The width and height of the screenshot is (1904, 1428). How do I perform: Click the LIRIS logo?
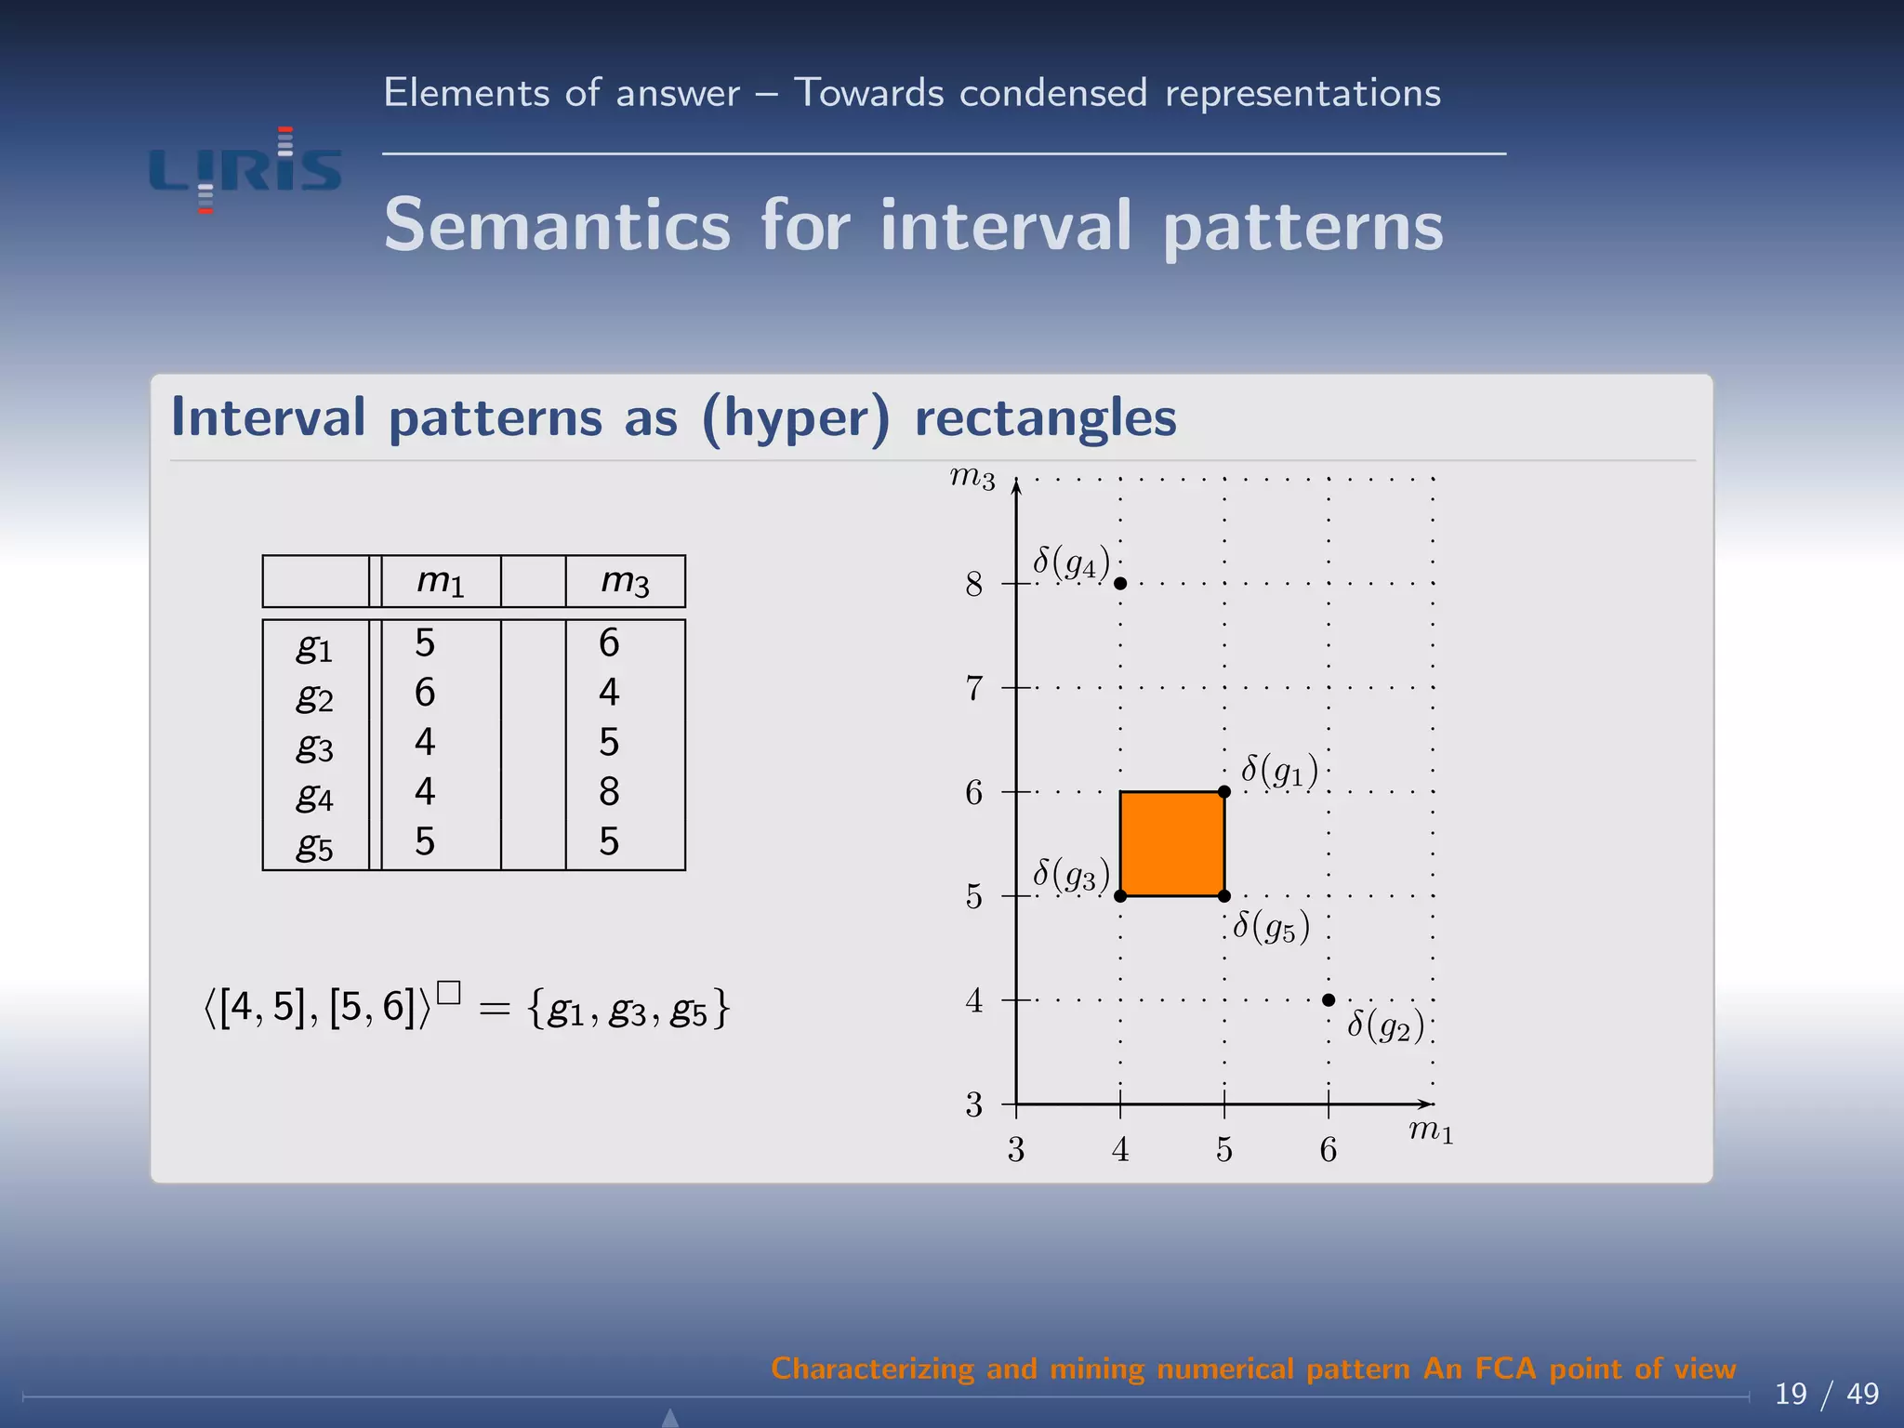pos(245,170)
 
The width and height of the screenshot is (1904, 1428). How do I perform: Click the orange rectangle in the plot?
pos(1171,843)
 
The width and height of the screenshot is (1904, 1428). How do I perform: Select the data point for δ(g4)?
pos(1120,583)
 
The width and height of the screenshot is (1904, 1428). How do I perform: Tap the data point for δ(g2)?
pos(1329,999)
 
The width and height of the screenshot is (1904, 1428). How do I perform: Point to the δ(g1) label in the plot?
pos(1279,771)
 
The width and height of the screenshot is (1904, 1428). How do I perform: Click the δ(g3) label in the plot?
pos(1071,875)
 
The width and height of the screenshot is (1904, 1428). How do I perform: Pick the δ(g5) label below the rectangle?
pos(1271,927)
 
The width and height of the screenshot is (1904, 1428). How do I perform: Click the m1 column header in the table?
pos(440,581)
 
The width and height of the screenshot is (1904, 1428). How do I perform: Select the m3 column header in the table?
pos(625,581)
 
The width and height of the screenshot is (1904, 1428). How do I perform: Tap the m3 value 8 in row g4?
pos(609,792)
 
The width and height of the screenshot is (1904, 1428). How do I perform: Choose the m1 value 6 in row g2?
pos(425,693)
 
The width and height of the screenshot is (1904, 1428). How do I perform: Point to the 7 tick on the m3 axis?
pos(973,689)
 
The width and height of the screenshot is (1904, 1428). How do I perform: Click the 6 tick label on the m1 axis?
pos(1329,1150)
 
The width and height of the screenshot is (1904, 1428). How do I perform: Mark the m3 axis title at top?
pos(972,479)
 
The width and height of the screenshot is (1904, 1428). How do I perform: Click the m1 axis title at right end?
pos(1430,1131)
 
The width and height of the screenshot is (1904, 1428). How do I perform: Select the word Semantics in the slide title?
pos(558,226)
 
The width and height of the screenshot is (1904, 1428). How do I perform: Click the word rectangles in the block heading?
pos(1045,417)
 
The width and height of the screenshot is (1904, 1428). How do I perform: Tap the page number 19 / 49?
pos(1826,1394)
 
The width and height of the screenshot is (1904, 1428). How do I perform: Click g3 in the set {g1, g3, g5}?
pos(627,1011)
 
